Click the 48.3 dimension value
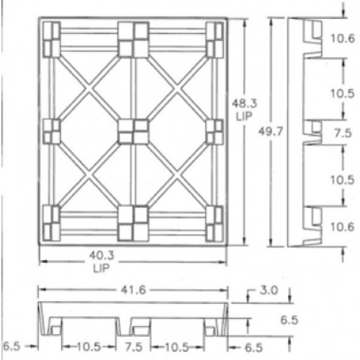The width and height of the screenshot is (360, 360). pyautogui.click(x=244, y=104)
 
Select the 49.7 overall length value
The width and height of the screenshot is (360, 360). pyautogui.click(x=271, y=132)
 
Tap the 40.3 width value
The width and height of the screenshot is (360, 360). pyautogui.click(x=102, y=256)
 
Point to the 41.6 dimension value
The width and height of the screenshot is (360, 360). pyautogui.click(x=133, y=290)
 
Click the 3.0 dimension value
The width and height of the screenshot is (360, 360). pyautogui.click(x=269, y=290)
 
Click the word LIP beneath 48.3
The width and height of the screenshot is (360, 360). pyautogui.click(x=244, y=117)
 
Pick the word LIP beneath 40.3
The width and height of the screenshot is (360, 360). pyautogui.click(x=102, y=268)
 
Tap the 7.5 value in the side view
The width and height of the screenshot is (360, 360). pyautogui.click(x=343, y=133)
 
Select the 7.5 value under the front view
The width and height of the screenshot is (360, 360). pyautogui.click(x=134, y=347)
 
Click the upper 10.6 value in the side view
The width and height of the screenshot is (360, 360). pyautogui.click(x=343, y=38)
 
